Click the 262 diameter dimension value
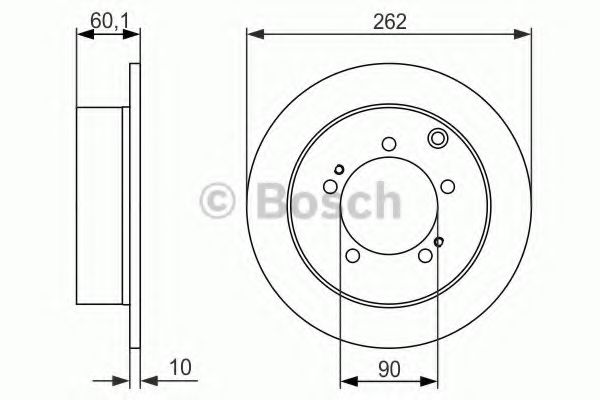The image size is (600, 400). point(390,22)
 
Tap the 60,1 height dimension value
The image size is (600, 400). point(108,21)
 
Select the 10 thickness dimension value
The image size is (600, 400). point(180,367)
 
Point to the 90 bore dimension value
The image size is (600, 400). point(389,369)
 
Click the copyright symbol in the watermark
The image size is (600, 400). point(217,200)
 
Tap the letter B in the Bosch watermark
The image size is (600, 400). point(274,200)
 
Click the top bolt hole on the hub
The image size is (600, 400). point(389,144)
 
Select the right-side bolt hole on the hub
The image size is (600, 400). point(448,186)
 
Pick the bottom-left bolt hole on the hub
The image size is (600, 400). point(352,255)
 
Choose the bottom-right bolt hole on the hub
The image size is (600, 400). point(425,255)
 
